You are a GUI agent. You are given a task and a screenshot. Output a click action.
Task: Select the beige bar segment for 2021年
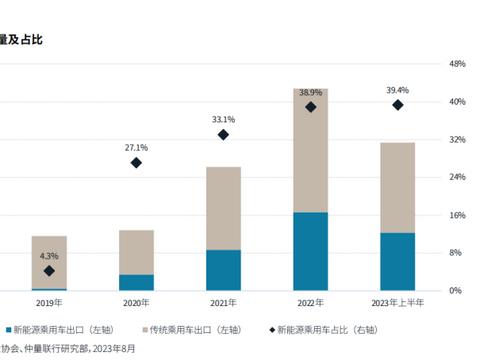point(223,208)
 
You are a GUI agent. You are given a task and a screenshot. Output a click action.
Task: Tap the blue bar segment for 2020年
point(136,282)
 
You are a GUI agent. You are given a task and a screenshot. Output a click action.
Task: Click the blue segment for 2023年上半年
point(398,261)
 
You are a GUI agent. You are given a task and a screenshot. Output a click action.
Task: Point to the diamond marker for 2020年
point(136,162)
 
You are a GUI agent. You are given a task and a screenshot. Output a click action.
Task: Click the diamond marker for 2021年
point(223,134)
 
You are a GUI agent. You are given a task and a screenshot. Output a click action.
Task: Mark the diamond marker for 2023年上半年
point(398,104)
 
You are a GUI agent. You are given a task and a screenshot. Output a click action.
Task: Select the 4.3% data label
point(49,257)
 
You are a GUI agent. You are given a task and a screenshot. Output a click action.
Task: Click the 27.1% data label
point(136,147)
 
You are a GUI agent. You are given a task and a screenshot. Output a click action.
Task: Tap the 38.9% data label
point(310,91)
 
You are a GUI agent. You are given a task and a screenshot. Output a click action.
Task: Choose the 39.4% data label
point(398,89)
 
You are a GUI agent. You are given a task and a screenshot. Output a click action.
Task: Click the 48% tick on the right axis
point(457,64)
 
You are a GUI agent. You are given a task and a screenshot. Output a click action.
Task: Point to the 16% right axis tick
point(457,215)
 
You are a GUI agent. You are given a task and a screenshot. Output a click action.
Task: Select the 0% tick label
point(455,291)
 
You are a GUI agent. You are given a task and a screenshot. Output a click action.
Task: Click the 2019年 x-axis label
point(49,303)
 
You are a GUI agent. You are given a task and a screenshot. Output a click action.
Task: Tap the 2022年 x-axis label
point(310,303)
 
